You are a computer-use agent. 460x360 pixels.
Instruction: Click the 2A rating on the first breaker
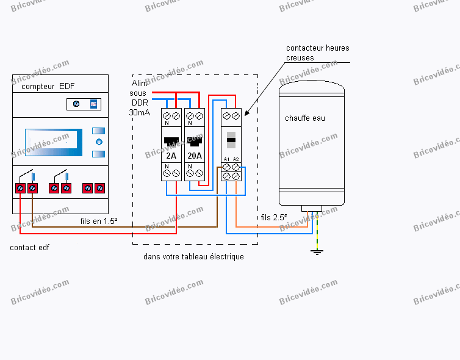(171, 155)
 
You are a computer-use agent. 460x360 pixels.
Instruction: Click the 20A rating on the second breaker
(194, 155)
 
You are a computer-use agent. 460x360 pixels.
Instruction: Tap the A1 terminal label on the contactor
(226, 159)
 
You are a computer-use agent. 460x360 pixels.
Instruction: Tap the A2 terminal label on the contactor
(236, 159)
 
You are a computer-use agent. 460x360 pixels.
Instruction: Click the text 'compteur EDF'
(48, 86)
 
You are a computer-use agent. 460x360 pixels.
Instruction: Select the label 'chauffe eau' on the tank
(305, 118)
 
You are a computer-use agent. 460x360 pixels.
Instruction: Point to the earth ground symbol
(317, 251)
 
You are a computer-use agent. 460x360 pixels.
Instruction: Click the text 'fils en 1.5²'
(99, 221)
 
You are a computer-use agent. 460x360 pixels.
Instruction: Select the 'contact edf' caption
(29, 248)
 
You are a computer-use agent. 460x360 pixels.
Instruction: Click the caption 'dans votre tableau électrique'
(193, 257)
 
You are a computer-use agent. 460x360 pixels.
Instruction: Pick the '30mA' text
(140, 113)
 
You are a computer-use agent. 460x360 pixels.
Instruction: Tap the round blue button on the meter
(99, 142)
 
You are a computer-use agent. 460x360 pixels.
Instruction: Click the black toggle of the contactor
(231, 140)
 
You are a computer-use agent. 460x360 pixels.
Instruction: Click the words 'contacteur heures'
(318, 48)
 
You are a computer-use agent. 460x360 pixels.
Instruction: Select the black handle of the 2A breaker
(171, 140)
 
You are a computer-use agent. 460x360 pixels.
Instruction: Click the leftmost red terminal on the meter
(20, 189)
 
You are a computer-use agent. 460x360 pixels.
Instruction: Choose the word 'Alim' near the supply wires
(140, 83)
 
